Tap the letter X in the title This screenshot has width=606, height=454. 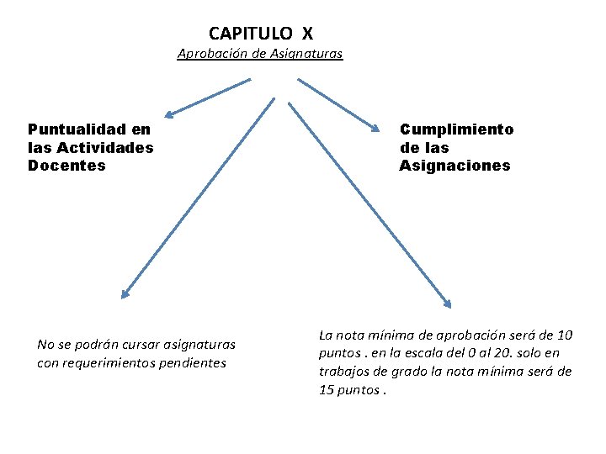(x=307, y=34)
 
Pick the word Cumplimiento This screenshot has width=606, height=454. (x=456, y=129)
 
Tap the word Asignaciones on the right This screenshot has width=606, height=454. (x=454, y=166)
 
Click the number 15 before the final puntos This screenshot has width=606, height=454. (x=327, y=390)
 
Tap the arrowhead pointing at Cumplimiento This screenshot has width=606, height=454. (x=375, y=128)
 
